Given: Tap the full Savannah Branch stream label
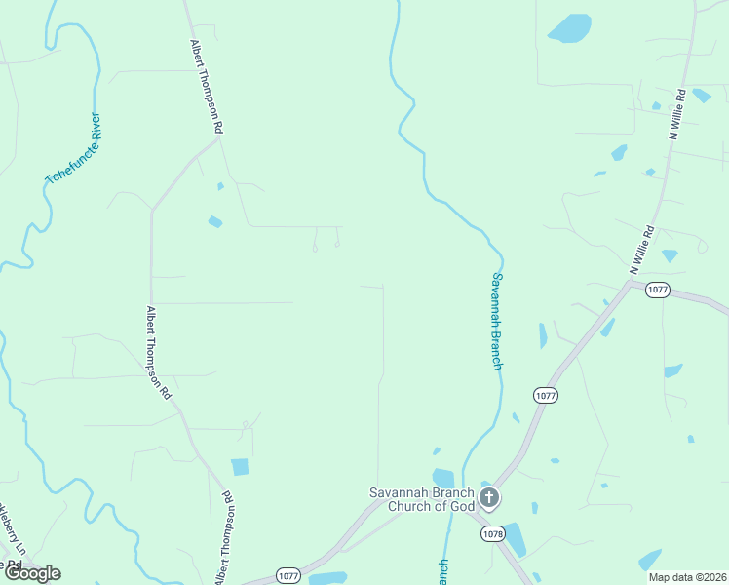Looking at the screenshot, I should (496, 320).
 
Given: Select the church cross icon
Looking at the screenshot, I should (489, 499).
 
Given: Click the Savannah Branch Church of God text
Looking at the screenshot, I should (421, 498).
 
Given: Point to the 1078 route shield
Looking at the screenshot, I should (492, 533).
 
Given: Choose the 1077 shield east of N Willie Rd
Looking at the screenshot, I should (658, 291).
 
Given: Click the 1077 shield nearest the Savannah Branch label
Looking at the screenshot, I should (545, 395).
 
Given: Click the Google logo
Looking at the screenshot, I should (33, 573).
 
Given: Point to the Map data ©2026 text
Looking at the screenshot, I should (687, 577).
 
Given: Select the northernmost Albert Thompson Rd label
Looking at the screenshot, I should (206, 87).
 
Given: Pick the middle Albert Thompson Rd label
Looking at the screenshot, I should (158, 353).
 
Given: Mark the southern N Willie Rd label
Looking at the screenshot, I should (641, 250).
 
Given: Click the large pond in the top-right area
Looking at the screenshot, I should (570, 27).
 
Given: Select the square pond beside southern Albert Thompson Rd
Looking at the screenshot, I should (240, 466).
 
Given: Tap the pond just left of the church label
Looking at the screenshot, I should (443, 478).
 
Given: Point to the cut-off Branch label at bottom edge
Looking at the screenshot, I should (443, 571).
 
